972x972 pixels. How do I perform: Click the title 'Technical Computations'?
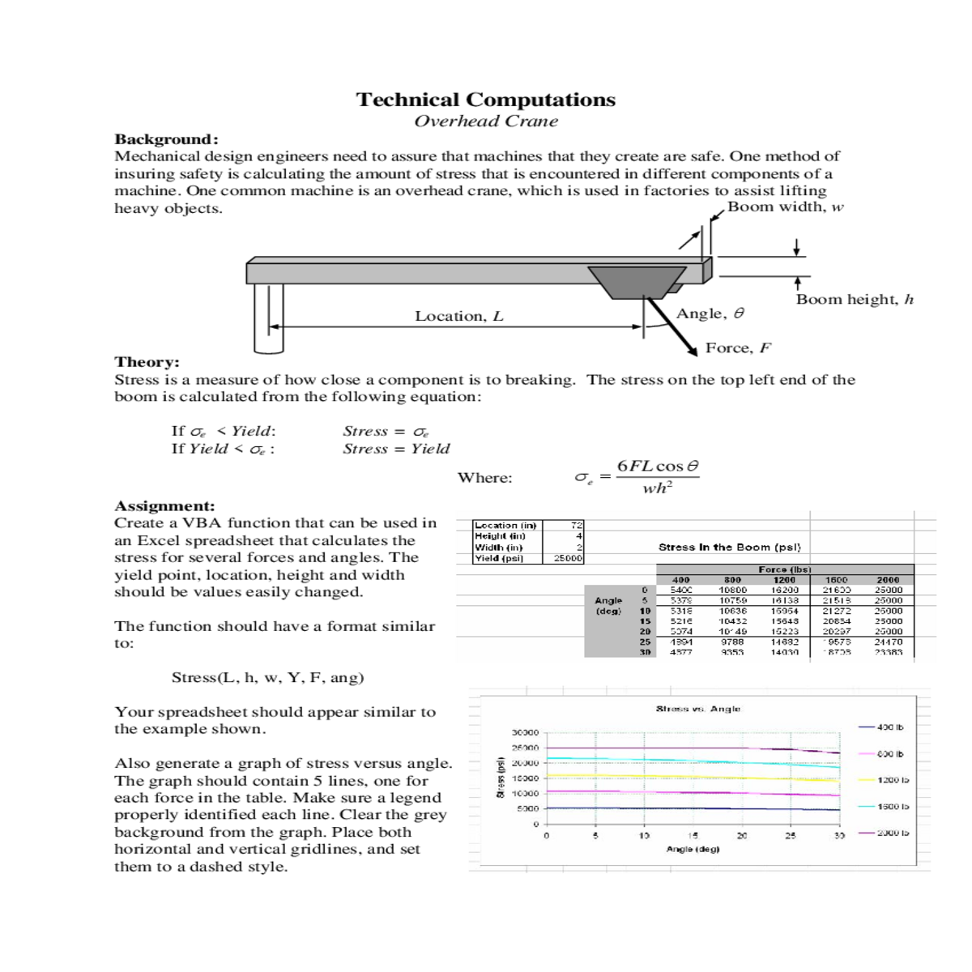[x=486, y=100]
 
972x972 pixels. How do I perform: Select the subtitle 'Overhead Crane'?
[x=486, y=122]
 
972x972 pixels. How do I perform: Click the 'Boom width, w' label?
[x=785, y=207]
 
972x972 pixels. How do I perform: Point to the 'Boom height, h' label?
[x=854, y=300]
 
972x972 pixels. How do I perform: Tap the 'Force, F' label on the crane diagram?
[x=737, y=348]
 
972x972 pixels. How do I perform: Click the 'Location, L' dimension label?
[x=458, y=317]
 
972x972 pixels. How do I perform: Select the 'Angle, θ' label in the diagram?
[x=710, y=313]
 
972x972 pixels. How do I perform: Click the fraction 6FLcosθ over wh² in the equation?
[x=657, y=477]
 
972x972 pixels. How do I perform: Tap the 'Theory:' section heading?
[x=147, y=362]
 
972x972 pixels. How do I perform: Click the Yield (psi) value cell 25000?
[x=569, y=558]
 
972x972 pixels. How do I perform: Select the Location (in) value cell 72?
[x=577, y=526]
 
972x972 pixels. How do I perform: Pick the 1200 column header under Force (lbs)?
[x=783, y=580]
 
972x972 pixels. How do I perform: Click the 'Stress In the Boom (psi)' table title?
[x=729, y=548]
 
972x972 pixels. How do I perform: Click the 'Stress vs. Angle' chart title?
[x=697, y=709]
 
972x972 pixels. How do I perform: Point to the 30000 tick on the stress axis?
[x=524, y=732]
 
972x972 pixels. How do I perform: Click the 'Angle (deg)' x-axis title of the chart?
[x=692, y=849]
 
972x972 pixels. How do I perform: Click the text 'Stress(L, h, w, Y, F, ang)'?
[x=267, y=678]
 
